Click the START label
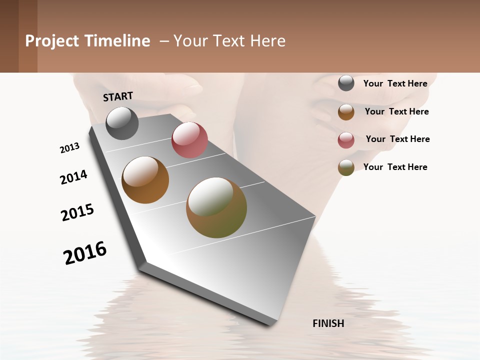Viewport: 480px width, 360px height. tap(118, 96)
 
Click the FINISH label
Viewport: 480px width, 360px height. tap(328, 323)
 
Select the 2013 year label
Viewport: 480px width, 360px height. tap(70, 148)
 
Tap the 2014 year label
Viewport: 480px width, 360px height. tap(74, 177)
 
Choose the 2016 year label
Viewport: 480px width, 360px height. tap(85, 253)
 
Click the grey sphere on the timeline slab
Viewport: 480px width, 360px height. tap(122, 123)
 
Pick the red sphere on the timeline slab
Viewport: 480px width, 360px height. tap(189, 140)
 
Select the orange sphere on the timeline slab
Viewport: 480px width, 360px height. tap(145, 180)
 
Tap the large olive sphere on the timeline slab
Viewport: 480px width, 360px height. tap(216, 207)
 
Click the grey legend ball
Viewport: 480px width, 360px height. tap(346, 83)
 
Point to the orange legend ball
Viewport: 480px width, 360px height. tap(346, 112)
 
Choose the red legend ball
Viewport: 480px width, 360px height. tap(346, 140)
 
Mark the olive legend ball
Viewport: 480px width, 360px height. tap(346, 168)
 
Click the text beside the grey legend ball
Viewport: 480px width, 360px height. tap(395, 84)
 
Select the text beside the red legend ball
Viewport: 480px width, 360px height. tap(397, 139)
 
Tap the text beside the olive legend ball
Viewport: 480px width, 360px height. tap(395, 167)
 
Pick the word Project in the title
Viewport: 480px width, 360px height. tap(51, 41)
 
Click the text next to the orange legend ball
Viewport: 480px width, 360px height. tap(396, 111)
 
